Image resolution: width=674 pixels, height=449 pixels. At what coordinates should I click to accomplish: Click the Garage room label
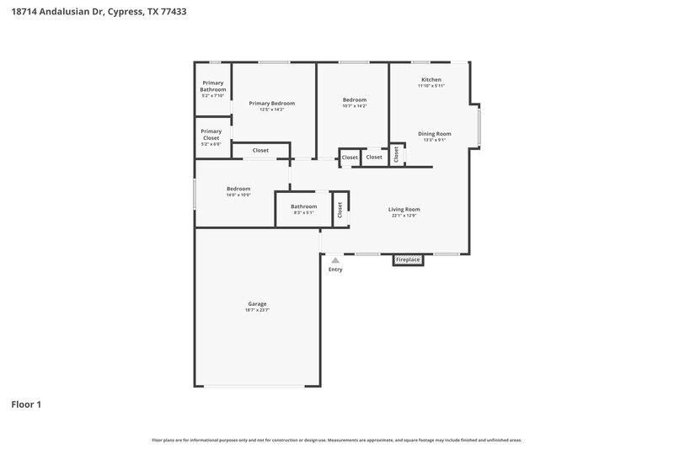point(257,303)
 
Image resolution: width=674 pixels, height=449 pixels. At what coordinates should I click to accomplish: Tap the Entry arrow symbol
point(335,261)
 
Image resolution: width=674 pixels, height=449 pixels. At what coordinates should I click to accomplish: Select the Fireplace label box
point(408,260)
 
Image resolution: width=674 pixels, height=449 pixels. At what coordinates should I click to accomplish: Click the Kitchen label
point(431,80)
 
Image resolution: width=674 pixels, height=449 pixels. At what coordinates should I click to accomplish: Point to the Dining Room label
point(435,134)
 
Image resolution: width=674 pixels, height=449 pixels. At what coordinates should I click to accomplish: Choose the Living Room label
point(404,209)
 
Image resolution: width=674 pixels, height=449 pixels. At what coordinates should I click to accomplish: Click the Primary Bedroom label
point(271,103)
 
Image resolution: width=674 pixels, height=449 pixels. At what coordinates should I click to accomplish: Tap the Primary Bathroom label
point(213,86)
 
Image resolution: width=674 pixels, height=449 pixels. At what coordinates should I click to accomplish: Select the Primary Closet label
point(211,134)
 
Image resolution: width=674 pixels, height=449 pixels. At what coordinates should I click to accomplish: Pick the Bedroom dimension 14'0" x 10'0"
point(238,195)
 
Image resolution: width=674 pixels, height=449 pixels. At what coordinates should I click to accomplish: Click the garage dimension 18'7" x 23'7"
point(257,310)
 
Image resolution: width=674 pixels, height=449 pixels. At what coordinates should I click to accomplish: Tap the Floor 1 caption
point(26,404)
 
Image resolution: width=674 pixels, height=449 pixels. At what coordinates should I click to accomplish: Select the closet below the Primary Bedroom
point(260,150)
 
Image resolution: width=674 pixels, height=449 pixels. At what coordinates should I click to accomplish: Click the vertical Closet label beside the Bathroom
point(340,210)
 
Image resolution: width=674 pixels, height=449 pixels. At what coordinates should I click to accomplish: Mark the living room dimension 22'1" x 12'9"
point(404,216)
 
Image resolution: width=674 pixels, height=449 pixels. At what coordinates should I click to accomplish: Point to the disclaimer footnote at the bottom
point(336,440)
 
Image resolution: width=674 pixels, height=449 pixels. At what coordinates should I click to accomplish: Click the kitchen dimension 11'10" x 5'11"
point(431,86)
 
